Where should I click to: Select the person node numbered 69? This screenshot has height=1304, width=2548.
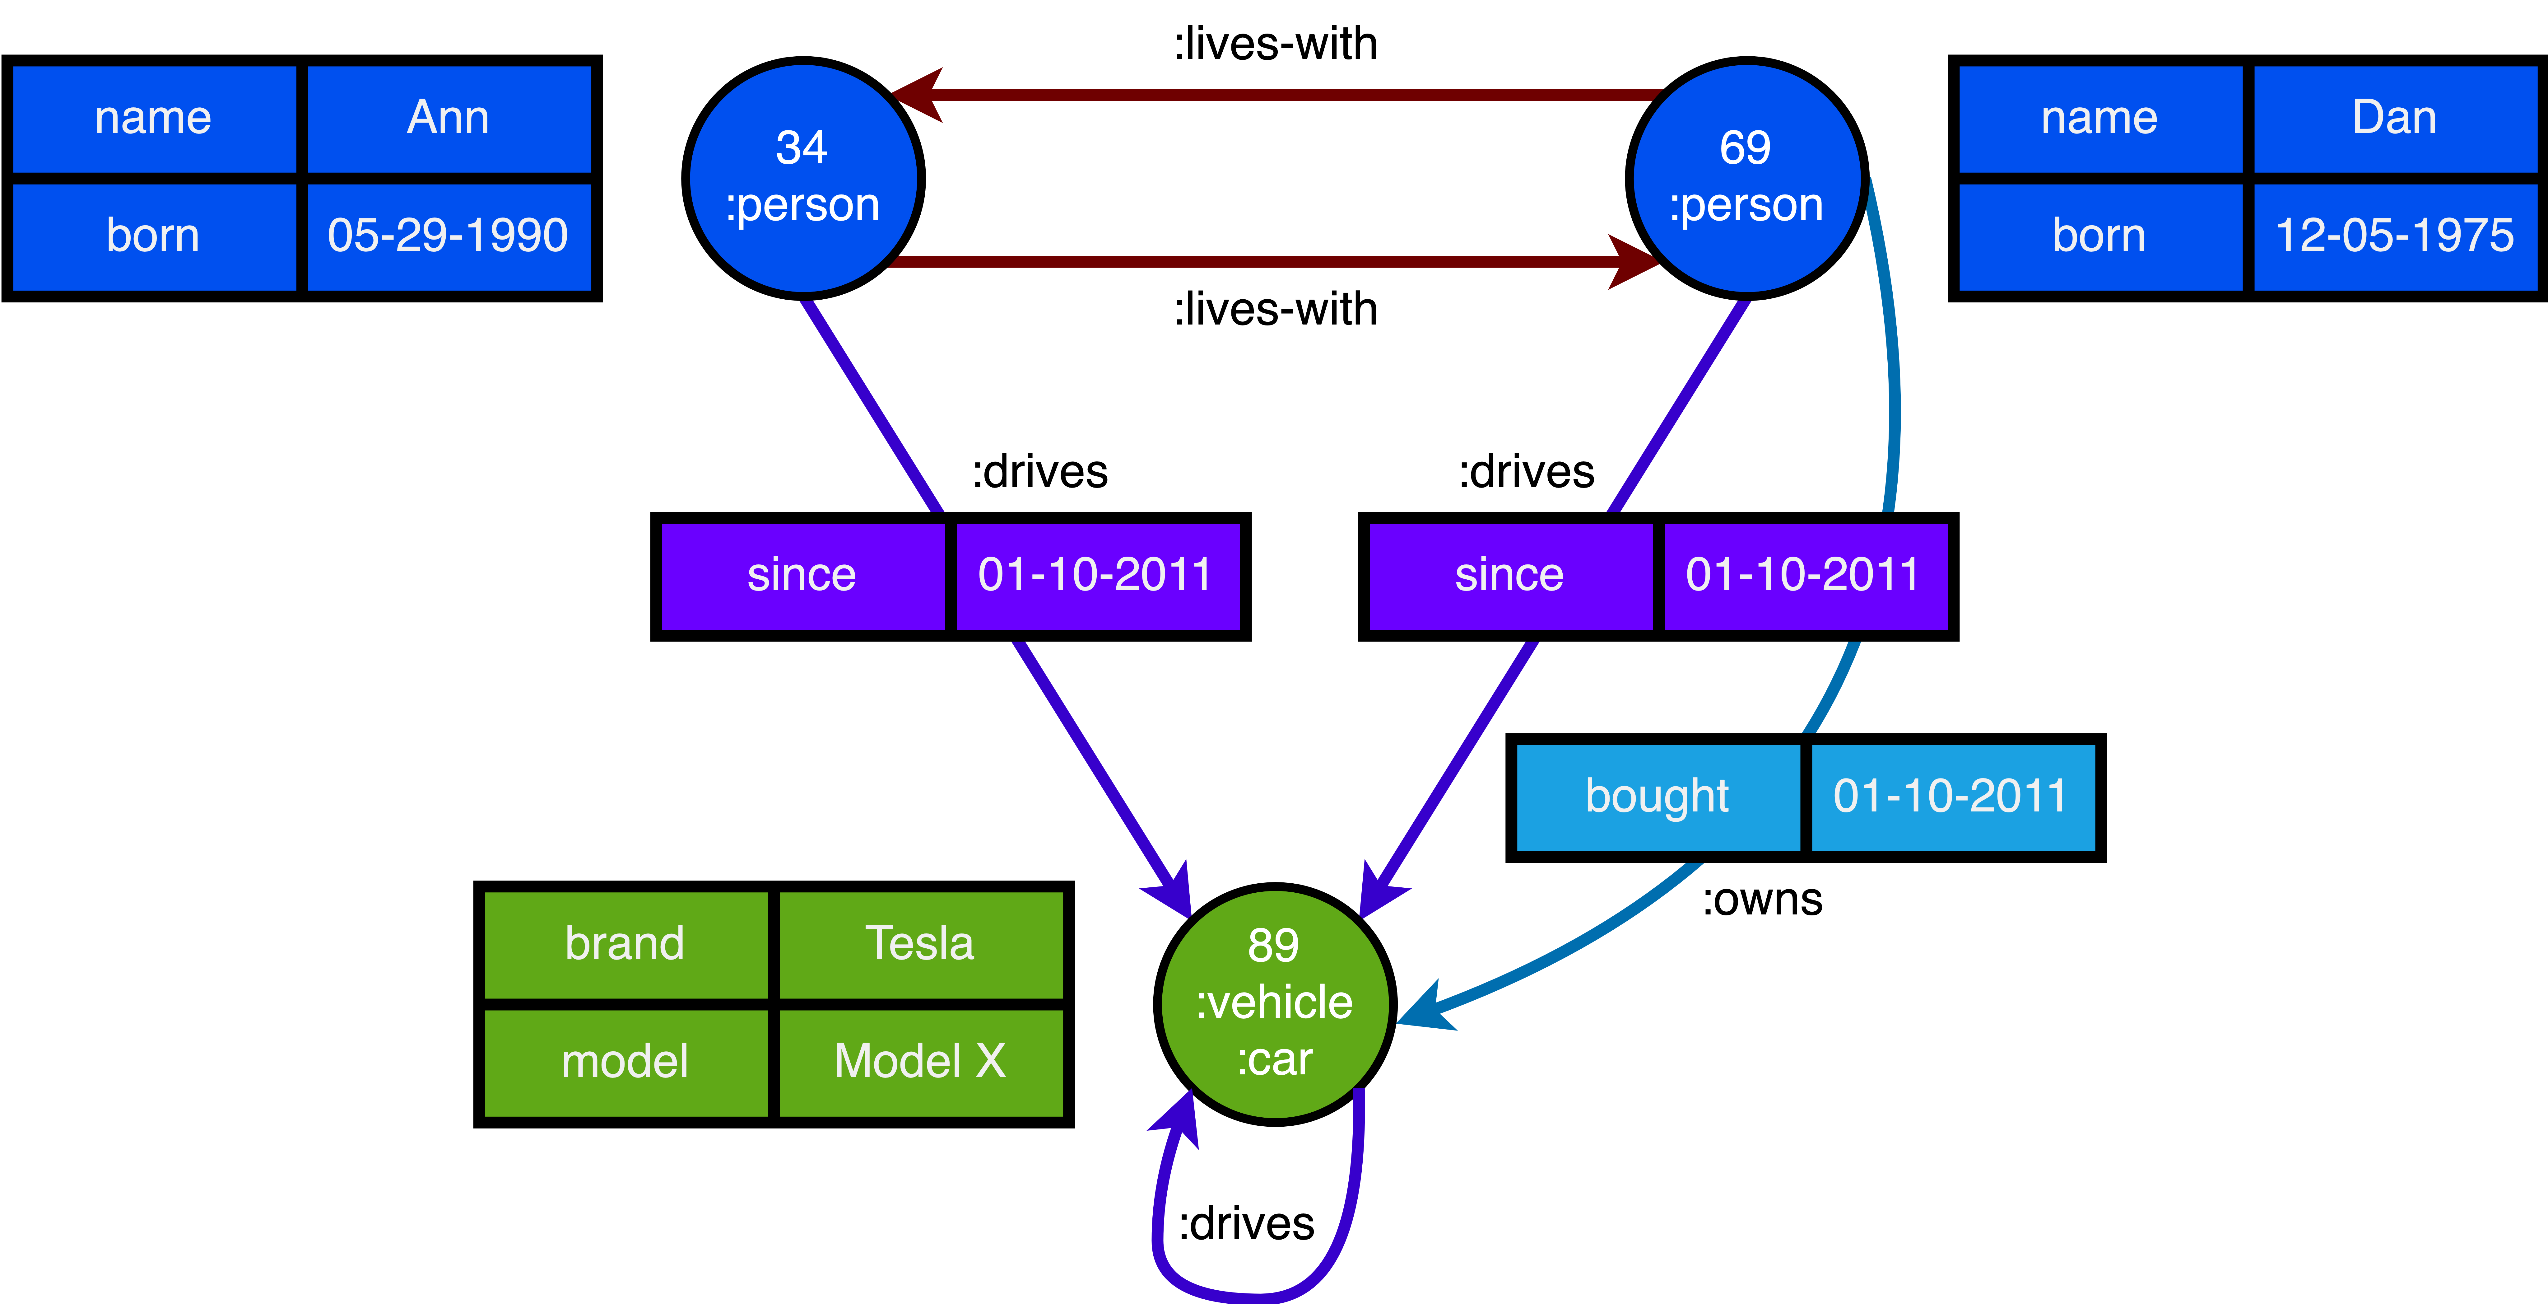[x=1746, y=178]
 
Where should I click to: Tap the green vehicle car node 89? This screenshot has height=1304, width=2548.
[x=1274, y=1003]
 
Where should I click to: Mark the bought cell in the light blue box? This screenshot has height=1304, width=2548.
[x=1657, y=797]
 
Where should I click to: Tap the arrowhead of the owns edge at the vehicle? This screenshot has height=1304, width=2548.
[x=1424, y=1011]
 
